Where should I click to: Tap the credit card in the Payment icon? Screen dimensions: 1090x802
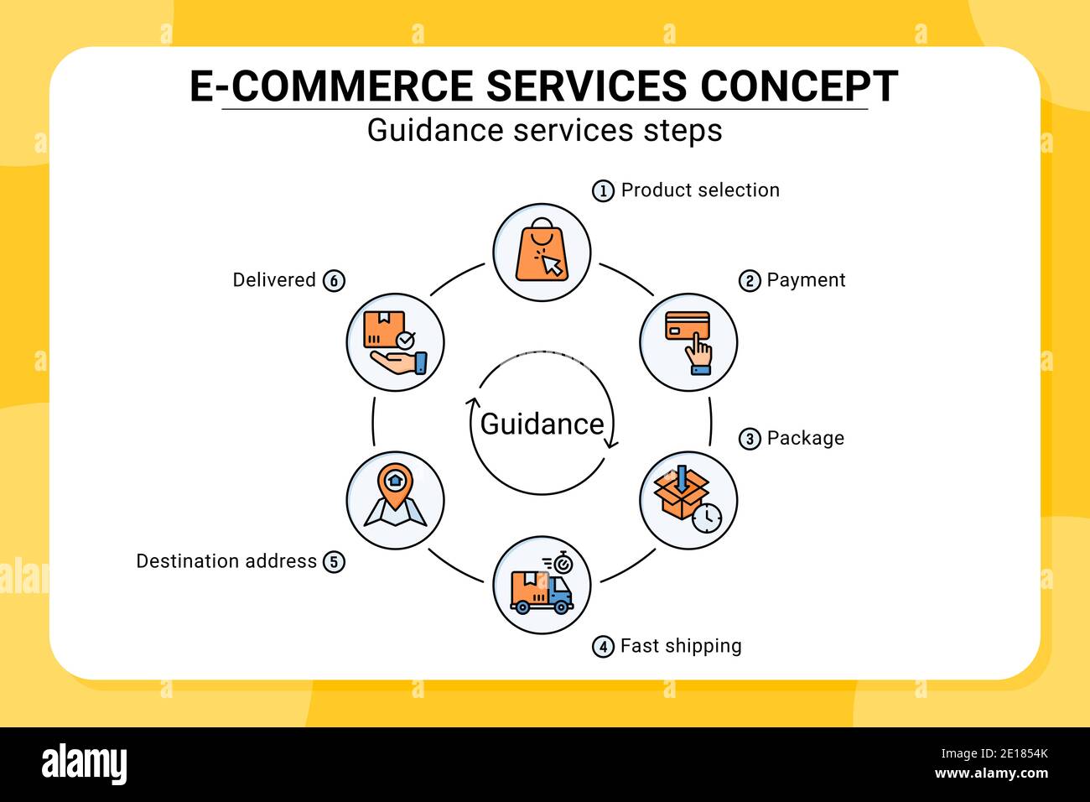(x=687, y=325)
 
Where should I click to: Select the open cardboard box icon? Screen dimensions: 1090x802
(x=681, y=492)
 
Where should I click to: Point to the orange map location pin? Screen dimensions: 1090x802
(x=395, y=486)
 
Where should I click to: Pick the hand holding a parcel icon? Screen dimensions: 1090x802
(x=396, y=343)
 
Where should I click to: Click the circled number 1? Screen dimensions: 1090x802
(x=603, y=191)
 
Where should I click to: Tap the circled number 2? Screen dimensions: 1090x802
(x=750, y=281)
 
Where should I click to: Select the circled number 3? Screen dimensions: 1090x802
(x=750, y=439)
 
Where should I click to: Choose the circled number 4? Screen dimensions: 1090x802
(x=603, y=647)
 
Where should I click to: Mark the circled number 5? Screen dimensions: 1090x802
(x=334, y=562)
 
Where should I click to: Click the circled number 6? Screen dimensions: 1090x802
(x=334, y=281)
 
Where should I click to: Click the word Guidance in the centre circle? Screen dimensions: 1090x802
(x=542, y=424)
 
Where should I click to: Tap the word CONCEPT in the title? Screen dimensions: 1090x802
(x=799, y=86)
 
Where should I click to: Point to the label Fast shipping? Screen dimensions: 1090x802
(x=681, y=646)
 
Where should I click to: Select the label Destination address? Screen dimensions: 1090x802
(x=226, y=561)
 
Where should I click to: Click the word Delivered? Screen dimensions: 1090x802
(x=274, y=280)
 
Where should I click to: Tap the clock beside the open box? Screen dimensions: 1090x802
(x=707, y=518)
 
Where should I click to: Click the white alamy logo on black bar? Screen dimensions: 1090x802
(x=84, y=763)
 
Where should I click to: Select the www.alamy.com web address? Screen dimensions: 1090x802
(x=991, y=773)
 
